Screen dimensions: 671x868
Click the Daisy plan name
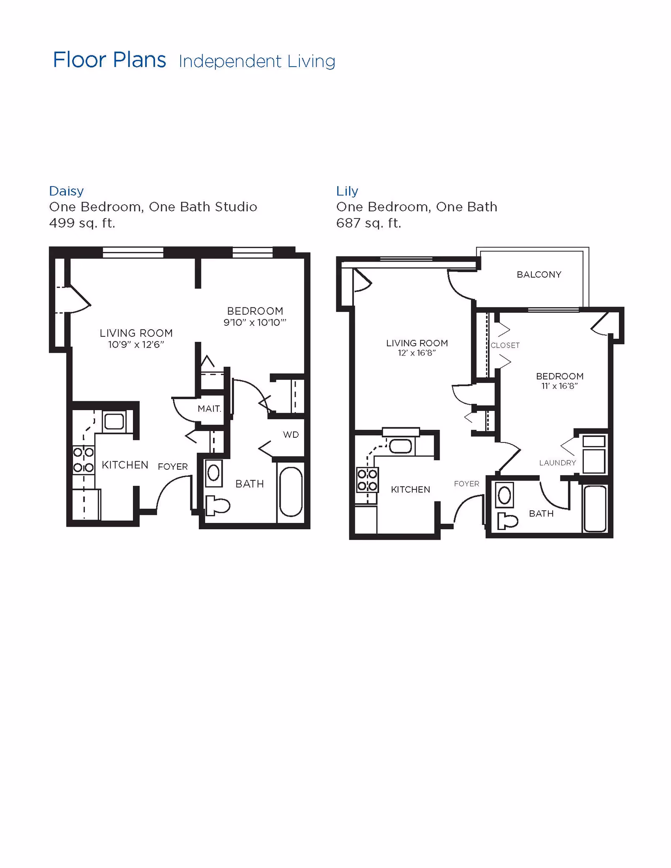pos(66,191)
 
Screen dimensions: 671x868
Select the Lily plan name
pos(347,191)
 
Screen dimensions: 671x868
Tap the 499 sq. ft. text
pos(82,223)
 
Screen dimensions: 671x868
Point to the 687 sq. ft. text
pos(369,223)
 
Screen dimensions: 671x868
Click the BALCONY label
pos(539,275)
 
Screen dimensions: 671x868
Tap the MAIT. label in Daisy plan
pos(209,408)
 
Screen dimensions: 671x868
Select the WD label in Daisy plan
pos(291,435)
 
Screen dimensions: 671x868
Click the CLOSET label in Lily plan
pos(505,346)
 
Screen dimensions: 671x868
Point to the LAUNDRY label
pos(557,463)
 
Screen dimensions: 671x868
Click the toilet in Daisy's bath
pos(217,505)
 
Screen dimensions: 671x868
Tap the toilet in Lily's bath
pos(507,521)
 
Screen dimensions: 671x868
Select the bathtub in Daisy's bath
pos(291,492)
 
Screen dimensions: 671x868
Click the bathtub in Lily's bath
pos(595,509)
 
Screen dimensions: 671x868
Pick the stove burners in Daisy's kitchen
pos(83,460)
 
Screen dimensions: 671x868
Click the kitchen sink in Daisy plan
pos(114,421)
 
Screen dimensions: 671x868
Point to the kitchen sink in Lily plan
pos(401,446)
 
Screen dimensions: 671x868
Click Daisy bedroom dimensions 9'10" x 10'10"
pos(255,322)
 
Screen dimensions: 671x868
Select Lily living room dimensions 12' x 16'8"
pos(417,353)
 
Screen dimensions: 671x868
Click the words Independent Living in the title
pos(257,62)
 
